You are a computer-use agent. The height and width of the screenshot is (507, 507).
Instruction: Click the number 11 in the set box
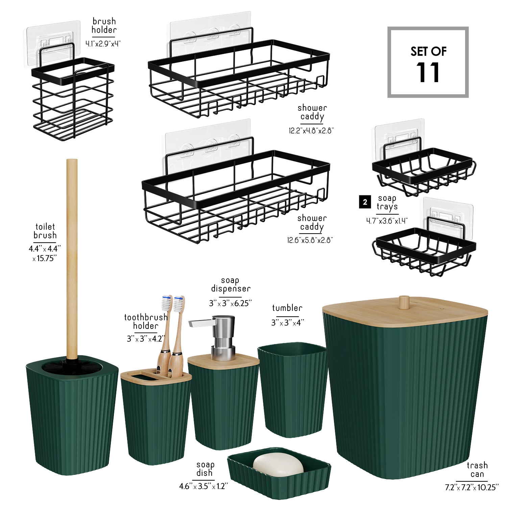pyautogui.click(x=428, y=72)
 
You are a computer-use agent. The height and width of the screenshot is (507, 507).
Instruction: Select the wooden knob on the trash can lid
pyautogui.click(x=404, y=302)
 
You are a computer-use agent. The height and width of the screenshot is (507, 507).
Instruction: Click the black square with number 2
pyautogui.click(x=365, y=202)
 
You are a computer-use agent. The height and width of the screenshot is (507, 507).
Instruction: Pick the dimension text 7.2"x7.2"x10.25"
pyautogui.click(x=472, y=487)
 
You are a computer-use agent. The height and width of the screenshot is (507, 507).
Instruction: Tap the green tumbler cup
pyautogui.click(x=293, y=390)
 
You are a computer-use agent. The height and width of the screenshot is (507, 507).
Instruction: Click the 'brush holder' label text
pyautogui.click(x=104, y=26)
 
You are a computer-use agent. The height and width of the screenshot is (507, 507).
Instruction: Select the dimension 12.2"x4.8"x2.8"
pyautogui.click(x=311, y=130)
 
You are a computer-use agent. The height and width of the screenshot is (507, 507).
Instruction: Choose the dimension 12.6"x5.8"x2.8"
pyautogui.click(x=310, y=240)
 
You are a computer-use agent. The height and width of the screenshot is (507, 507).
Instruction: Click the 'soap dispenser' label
pyautogui.click(x=231, y=285)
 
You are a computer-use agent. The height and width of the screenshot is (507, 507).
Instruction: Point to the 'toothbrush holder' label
pyautogui.click(x=146, y=321)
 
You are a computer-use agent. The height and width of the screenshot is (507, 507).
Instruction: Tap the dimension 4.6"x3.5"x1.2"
pyautogui.click(x=203, y=486)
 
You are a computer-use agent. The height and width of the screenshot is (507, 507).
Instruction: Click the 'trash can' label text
pyautogui.click(x=477, y=470)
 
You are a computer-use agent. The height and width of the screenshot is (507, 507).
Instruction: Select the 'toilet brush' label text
pyautogui.click(x=45, y=231)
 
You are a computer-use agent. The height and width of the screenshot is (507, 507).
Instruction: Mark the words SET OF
pyautogui.click(x=428, y=51)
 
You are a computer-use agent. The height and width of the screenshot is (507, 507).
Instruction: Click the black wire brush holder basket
pyautogui.click(x=73, y=98)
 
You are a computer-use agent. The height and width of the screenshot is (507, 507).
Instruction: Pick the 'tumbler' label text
pyautogui.click(x=287, y=308)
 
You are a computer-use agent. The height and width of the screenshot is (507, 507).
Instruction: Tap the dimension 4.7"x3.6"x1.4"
pyautogui.click(x=387, y=221)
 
